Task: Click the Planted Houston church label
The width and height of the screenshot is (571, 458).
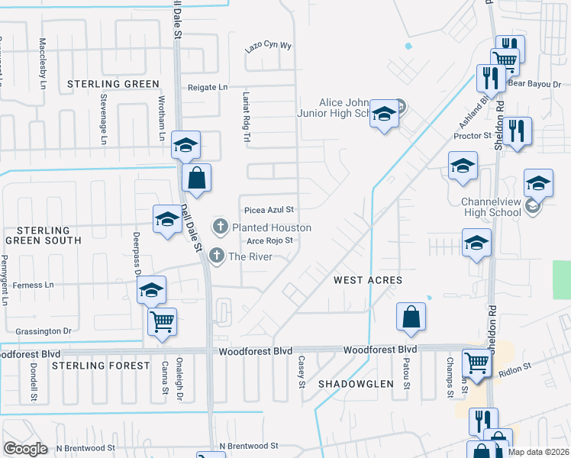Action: tap(271, 227)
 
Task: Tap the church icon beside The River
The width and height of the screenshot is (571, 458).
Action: tap(218, 256)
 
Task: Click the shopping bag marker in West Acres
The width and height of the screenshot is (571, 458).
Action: tap(411, 317)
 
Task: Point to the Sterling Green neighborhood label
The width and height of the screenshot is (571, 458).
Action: tap(113, 84)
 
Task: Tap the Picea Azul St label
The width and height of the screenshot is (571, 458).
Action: tap(269, 209)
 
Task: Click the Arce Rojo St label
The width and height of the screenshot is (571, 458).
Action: tap(270, 241)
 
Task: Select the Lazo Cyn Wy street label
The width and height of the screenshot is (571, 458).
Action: tap(269, 46)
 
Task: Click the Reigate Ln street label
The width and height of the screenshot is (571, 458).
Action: tap(208, 88)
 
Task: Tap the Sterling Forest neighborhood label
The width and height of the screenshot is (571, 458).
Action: tap(101, 366)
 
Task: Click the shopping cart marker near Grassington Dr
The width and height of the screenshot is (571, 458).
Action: tap(162, 321)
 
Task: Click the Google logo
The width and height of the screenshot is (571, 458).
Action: tap(25, 449)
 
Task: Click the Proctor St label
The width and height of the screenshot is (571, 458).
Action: tap(472, 135)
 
